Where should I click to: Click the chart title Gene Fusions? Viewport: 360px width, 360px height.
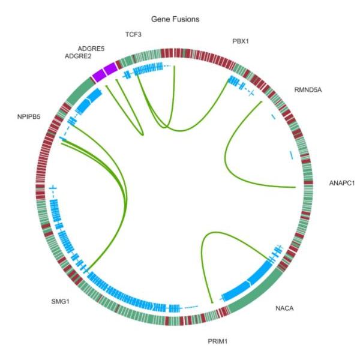pyautogui.click(x=175, y=19)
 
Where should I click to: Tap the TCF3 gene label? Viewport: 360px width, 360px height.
pyautogui.click(x=133, y=34)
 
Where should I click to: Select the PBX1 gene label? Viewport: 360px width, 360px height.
pyautogui.click(x=241, y=41)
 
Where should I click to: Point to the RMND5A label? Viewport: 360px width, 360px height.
pyautogui.click(x=308, y=90)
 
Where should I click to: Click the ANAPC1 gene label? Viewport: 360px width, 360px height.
pyautogui.click(x=342, y=183)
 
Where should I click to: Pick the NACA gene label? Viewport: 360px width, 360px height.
pyautogui.click(x=284, y=308)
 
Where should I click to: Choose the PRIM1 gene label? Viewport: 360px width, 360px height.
pyautogui.click(x=218, y=341)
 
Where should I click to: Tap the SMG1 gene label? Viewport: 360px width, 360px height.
pyautogui.click(x=60, y=301)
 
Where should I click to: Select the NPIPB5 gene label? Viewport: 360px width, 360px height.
pyautogui.click(x=29, y=116)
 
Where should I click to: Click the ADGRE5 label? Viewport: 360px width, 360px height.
pyautogui.click(x=91, y=49)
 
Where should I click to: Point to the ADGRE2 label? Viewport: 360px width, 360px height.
pyautogui.click(x=78, y=56)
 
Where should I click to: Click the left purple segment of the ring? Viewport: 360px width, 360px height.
pyautogui.click(x=99, y=75)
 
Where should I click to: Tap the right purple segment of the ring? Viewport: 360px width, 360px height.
pyautogui.click(x=111, y=68)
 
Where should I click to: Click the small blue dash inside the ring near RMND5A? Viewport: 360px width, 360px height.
pyautogui.click(x=273, y=116)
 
